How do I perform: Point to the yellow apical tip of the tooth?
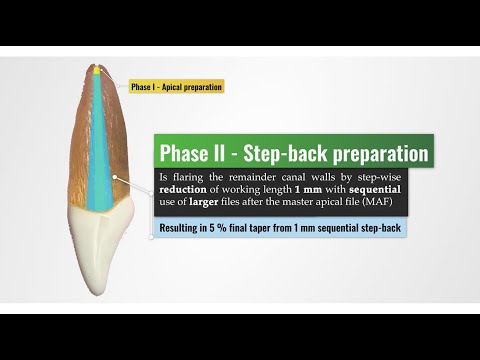pyautogui.click(x=97, y=70)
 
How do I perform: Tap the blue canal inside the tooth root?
pyautogui.click(x=100, y=150)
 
